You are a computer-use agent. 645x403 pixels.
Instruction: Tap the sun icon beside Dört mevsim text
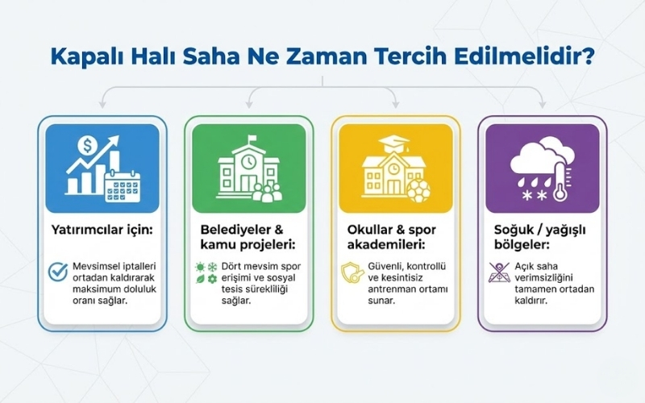click(200, 266)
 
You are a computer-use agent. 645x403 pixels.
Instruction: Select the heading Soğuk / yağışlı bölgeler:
click(532, 239)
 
